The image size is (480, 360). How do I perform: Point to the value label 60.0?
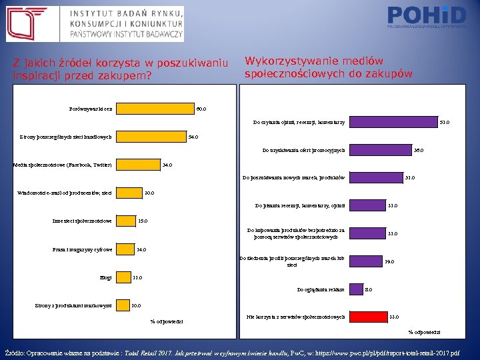click(201, 109)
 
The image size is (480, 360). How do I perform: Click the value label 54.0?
click(193, 137)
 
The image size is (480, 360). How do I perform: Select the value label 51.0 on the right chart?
click(445, 122)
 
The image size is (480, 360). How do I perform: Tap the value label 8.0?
click(369, 289)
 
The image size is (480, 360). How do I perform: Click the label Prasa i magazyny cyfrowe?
click(83, 249)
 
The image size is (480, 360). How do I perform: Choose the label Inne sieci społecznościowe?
click(82, 221)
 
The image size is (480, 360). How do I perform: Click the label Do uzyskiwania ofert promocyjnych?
click(303, 151)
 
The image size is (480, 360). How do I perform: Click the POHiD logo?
click(427, 17)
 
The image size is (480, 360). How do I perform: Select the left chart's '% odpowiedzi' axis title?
click(167, 321)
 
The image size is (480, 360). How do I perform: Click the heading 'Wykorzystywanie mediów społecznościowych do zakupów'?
click(329, 67)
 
